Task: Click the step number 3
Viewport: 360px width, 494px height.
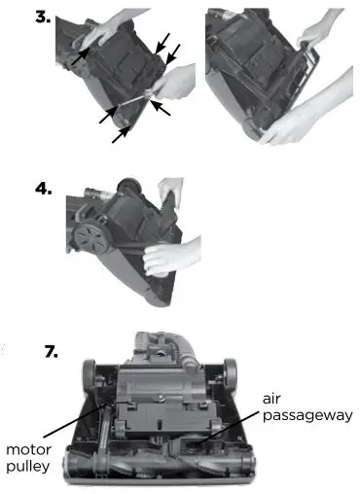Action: (43, 17)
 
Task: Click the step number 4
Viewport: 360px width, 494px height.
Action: (44, 189)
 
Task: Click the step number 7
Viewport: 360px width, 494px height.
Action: (52, 352)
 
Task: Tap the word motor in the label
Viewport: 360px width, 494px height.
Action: (28, 450)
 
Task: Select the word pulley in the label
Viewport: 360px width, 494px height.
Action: (28, 467)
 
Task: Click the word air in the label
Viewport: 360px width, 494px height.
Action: (271, 399)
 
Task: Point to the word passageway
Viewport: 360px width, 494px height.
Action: (307, 416)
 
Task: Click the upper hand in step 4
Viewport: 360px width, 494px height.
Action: (171, 191)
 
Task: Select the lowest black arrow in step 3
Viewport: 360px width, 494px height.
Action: (122, 134)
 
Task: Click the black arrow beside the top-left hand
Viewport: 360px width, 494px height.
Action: (80, 56)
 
